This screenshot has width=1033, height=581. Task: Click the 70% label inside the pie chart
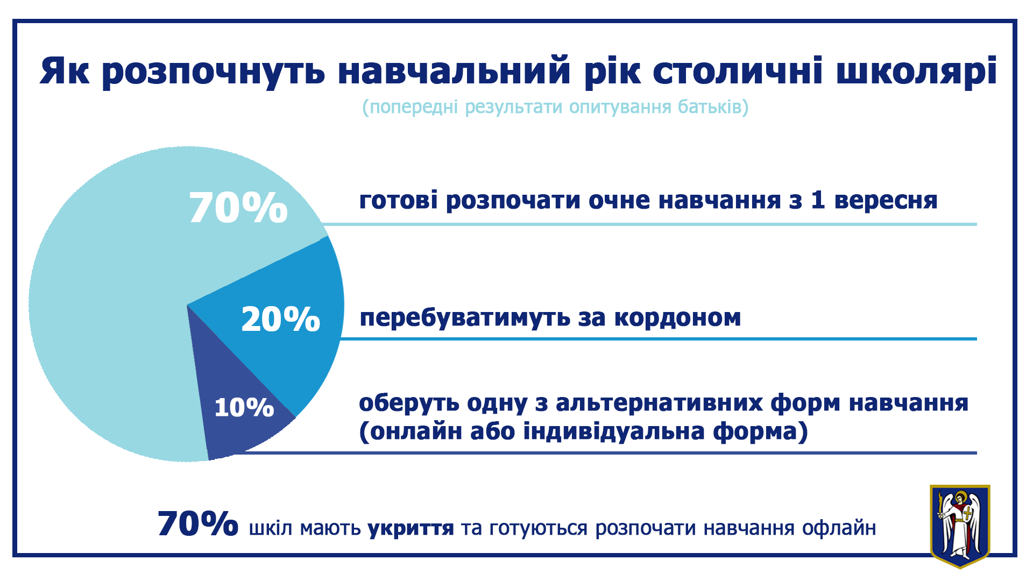coord(238,208)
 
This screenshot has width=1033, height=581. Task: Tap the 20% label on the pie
coord(281,319)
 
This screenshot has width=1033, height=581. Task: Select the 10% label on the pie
coord(244,407)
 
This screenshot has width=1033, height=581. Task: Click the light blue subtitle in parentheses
coord(555,107)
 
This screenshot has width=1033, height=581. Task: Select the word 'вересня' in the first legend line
coord(886,201)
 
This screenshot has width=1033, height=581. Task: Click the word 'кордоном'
coord(677,317)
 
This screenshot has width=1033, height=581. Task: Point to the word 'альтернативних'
coord(659,403)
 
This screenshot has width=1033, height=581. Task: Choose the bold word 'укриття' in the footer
coord(411,529)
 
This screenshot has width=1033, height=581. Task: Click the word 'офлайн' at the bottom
coord(839,529)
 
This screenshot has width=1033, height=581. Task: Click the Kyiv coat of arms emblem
coord(960,526)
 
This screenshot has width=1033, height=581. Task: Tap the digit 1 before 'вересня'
coord(817,200)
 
